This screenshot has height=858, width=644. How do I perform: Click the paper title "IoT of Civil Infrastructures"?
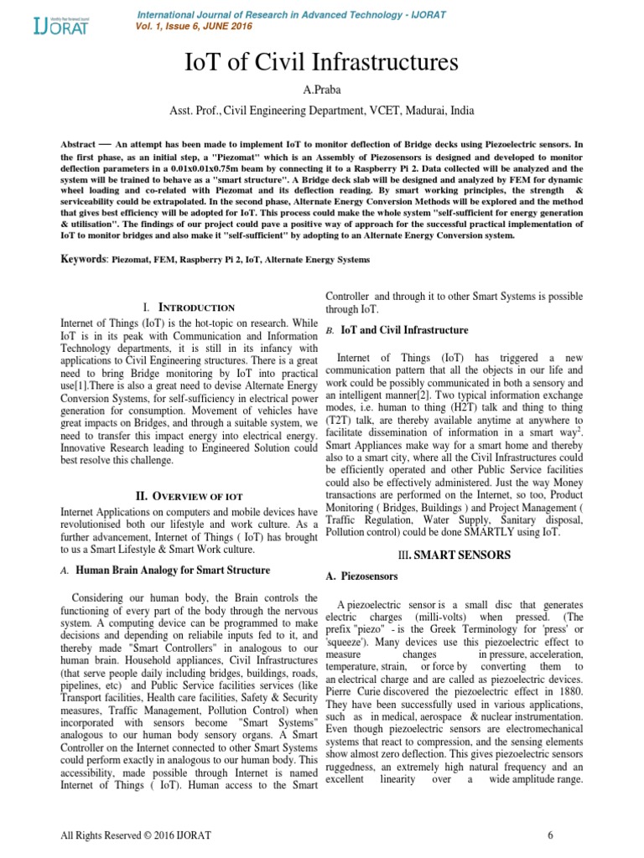pos(321,63)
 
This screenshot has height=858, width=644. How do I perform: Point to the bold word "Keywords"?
pos(85,260)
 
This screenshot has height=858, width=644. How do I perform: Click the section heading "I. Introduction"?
pos(190,308)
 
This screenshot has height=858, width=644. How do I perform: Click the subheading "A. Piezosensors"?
pos(361,576)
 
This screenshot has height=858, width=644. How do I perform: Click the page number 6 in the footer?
pos(550,835)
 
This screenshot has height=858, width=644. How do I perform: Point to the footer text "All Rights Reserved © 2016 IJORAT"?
pos(133,835)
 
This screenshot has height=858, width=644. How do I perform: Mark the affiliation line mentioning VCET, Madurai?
pos(321,110)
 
